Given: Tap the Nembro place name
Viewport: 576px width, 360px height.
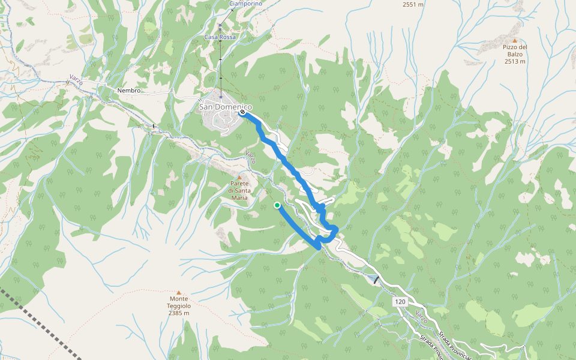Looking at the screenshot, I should [129, 91].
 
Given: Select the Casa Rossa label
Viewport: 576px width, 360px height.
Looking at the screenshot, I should [220, 37].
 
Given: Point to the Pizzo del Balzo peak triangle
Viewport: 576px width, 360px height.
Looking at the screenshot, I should [515, 40].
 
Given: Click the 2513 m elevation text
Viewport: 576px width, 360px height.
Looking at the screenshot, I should [515, 61].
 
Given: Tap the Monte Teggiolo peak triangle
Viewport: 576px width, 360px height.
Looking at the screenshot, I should [178, 292].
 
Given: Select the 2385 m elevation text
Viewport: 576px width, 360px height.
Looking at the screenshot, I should [179, 313].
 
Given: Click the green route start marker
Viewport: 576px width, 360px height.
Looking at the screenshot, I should [277, 205].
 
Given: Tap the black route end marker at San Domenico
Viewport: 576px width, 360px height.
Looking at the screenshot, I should [242, 112].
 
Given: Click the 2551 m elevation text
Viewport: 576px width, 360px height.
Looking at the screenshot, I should [413, 4].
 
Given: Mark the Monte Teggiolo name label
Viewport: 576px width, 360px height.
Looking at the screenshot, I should [179, 302].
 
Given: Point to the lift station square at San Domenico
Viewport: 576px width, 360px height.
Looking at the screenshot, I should [220, 95].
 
